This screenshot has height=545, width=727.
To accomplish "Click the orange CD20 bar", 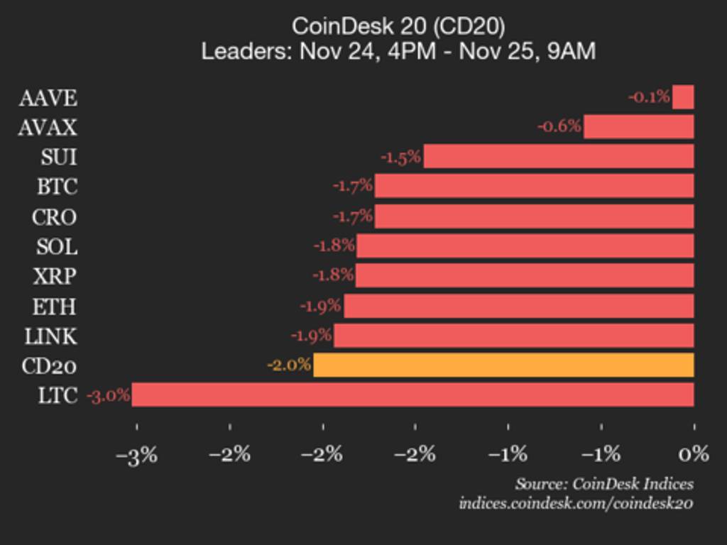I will [x=503, y=365].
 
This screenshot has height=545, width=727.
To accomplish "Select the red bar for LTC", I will [x=412, y=395].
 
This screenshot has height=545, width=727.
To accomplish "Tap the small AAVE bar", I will [x=683, y=97].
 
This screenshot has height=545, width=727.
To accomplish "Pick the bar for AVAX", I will [x=638, y=127].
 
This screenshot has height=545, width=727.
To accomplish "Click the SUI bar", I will [x=558, y=156].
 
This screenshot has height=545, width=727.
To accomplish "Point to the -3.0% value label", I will [x=109, y=395].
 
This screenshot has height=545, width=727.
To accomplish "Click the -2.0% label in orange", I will [x=289, y=365].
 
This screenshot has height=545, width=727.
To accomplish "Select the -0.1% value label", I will [x=649, y=97].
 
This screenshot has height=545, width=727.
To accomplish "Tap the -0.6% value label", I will [x=559, y=127].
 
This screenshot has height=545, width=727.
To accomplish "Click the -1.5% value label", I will [x=401, y=157].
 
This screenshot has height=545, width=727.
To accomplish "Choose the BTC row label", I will [x=57, y=187].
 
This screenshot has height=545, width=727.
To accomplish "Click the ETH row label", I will [x=54, y=307].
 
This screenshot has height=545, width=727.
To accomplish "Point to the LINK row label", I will [x=50, y=336].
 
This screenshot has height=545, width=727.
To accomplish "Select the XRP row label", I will [x=55, y=276].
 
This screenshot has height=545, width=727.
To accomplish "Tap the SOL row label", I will [x=56, y=246].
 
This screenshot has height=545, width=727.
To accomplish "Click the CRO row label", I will [x=54, y=216].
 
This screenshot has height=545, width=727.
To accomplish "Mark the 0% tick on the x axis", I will [x=694, y=453].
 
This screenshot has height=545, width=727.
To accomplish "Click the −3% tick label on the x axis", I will [x=136, y=454].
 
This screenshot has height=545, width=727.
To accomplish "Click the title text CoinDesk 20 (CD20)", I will [x=398, y=27].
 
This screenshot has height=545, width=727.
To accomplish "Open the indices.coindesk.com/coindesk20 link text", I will [x=576, y=503].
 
